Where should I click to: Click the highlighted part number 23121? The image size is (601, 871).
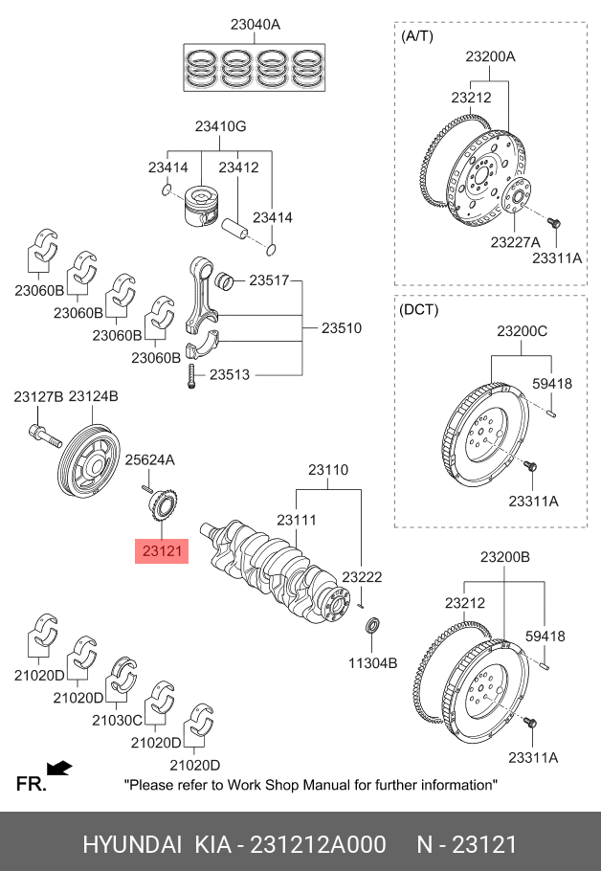click(161, 551)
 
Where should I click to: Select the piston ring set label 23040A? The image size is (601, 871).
click(255, 25)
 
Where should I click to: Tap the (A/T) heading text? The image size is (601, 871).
click(416, 36)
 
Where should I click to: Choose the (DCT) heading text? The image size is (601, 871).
click(420, 310)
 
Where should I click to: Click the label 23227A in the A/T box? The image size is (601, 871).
click(516, 242)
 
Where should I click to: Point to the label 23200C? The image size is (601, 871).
click(522, 332)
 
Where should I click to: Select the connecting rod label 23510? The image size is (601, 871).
click(341, 328)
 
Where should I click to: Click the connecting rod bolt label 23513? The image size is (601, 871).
click(230, 375)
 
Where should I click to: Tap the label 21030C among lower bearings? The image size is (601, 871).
click(117, 720)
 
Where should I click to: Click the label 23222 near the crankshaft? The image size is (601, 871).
click(362, 577)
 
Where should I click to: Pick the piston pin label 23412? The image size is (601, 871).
click(238, 167)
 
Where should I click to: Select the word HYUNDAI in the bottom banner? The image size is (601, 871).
click(132, 844)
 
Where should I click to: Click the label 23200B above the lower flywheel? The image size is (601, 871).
click(504, 557)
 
